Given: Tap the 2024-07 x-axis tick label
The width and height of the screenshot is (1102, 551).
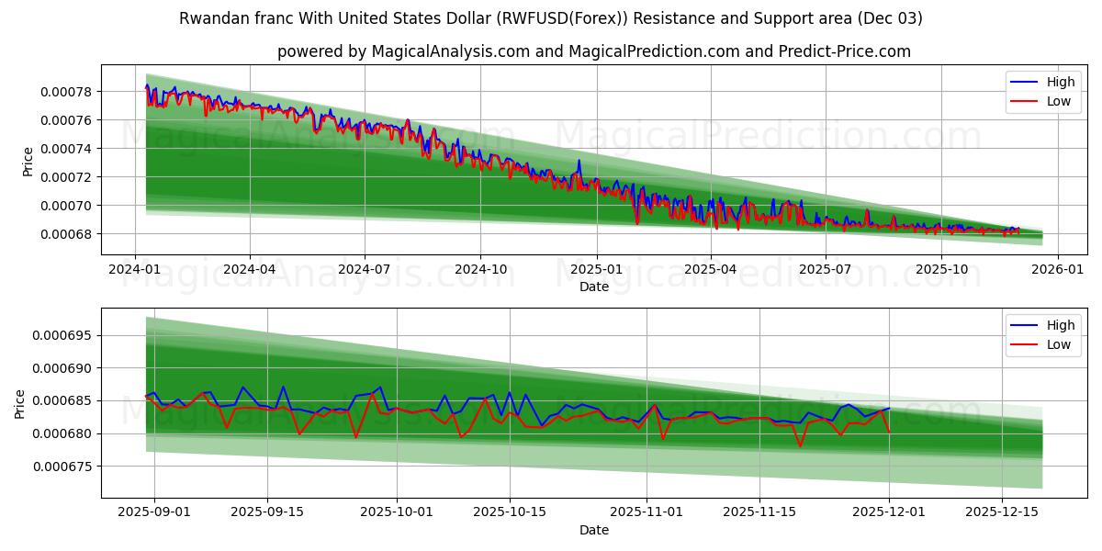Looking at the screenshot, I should tap(365, 270).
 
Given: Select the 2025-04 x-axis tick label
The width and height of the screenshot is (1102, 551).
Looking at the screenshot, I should tap(712, 270).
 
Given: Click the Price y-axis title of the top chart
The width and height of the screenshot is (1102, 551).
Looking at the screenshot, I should tap(28, 162).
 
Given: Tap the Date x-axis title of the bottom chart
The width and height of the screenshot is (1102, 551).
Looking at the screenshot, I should tap(593, 530).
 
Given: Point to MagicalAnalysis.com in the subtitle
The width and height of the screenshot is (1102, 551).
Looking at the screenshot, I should tap(450, 51).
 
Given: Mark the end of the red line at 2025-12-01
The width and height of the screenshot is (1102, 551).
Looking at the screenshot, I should tap(889, 432).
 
